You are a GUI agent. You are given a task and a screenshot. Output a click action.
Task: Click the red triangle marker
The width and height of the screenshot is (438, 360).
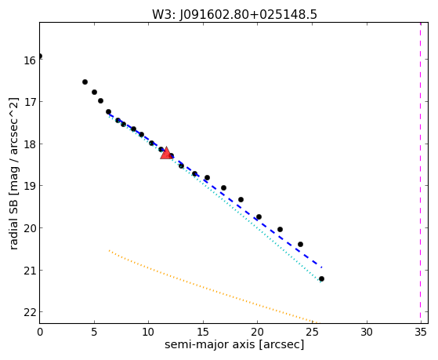pyautogui.click(x=166, y=153)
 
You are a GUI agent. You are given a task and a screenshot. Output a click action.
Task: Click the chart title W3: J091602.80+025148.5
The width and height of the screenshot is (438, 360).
pyautogui.click(x=234, y=15)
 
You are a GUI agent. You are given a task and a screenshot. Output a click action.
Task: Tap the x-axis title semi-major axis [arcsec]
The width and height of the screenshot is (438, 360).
pyautogui.click(x=234, y=344)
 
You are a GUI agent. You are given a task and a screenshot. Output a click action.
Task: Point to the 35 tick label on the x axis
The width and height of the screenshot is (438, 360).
pyautogui.click(x=421, y=332)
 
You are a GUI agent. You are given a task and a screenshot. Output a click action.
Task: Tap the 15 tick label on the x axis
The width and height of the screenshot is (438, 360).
pyautogui.click(x=203, y=332)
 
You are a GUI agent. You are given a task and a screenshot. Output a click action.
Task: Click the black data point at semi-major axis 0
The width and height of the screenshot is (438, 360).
pyautogui.click(x=40, y=56)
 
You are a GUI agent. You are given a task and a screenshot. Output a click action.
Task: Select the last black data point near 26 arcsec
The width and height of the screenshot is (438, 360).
pyautogui.click(x=321, y=279)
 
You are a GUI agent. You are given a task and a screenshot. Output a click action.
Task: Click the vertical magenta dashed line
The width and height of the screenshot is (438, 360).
pyautogui.click(x=420, y=173)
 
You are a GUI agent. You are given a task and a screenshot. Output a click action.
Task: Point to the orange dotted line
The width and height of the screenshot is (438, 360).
pyautogui.click(x=212, y=287)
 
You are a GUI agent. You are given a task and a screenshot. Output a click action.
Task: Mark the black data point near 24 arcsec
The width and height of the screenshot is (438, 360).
pyautogui.click(x=300, y=244)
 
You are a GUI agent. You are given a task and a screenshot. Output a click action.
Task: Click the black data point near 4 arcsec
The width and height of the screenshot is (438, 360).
pyautogui.click(x=85, y=82)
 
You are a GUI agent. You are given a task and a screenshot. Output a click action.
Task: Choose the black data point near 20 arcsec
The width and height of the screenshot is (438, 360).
pyautogui.click(x=259, y=216)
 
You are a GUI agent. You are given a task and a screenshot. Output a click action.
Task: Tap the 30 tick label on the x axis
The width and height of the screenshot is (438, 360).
pyautogui.click(x=367, y=332)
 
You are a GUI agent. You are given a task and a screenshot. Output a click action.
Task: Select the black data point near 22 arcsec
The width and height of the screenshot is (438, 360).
pyautogui.click(x=280, y=229)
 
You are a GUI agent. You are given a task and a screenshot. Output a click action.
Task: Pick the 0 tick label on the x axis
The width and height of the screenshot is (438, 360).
pyautogui.click(x=40, y=332)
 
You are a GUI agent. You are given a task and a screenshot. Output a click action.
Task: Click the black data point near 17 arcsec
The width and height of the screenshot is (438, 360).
pyautogui.click(x=223, y=187)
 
